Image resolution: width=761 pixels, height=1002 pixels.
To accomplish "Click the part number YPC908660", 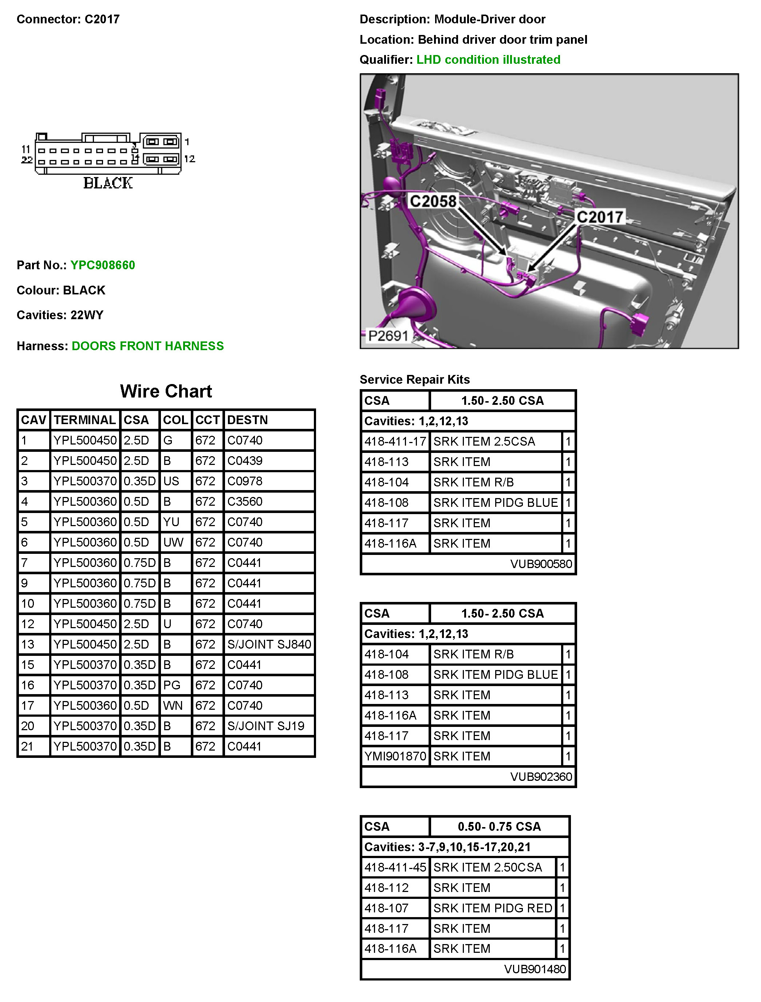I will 102,265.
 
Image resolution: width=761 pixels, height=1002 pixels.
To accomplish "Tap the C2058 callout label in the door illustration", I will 433,201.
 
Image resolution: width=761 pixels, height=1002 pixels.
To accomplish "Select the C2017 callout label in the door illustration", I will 600,217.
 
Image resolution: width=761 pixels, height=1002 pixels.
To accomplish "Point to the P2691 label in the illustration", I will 388,336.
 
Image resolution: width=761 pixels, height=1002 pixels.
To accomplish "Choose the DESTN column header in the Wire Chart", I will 247,420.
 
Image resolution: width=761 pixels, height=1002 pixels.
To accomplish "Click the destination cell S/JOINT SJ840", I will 269,645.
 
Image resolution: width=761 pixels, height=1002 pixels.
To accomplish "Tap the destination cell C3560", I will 245,502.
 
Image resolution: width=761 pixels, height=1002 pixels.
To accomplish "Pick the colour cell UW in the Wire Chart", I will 173,543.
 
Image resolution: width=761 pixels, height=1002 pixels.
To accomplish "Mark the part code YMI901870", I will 395,756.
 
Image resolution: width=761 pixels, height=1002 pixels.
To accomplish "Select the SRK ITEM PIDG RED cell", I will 492,908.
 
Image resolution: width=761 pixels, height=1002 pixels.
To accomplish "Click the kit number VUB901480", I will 535,969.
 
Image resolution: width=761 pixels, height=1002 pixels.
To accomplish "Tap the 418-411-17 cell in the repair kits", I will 395,441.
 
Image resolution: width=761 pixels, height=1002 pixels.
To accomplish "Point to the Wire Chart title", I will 166,391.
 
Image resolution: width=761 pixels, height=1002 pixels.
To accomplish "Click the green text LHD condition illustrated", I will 488,60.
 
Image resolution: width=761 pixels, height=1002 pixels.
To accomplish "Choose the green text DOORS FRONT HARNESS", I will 148,346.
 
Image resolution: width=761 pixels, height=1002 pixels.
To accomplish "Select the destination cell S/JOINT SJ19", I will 265,726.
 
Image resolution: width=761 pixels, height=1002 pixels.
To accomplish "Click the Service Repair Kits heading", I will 414,379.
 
